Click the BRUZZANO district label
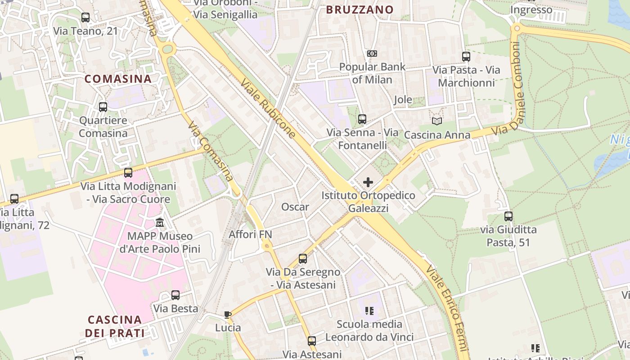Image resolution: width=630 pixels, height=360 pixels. click(x=360, y=9)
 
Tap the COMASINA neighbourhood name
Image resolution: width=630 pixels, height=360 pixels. click(x=118, y=79)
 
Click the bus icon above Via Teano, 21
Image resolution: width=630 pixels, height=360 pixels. click(x=85, y=18)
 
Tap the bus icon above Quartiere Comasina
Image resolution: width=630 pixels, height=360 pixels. click(x=103, y=107)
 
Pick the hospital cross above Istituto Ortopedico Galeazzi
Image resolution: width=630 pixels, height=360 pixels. click(x=368, y=182)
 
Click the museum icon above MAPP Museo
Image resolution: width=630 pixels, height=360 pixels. click(x=160, y=223)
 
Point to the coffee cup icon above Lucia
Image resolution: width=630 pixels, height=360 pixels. click(x=228, y=315)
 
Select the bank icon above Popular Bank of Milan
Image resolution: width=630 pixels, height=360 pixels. click(x=372, y=54)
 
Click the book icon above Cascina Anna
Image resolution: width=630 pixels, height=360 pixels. click(x=436, y=121)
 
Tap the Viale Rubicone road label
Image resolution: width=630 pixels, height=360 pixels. click(x=269, y=109)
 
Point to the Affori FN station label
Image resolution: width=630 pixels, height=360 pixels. click(x=251, y=234)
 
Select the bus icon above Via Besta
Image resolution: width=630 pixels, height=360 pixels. click(x=175, y=295)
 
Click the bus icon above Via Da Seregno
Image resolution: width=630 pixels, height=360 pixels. click(x=303, y=259)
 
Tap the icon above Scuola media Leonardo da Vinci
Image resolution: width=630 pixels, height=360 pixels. click(x=369, y=310)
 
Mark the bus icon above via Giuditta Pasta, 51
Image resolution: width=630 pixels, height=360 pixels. click(x=508, y=216)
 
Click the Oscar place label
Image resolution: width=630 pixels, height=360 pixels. click(x=295, y=207)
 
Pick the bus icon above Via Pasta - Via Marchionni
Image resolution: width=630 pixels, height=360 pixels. click(x=466, y=57)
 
